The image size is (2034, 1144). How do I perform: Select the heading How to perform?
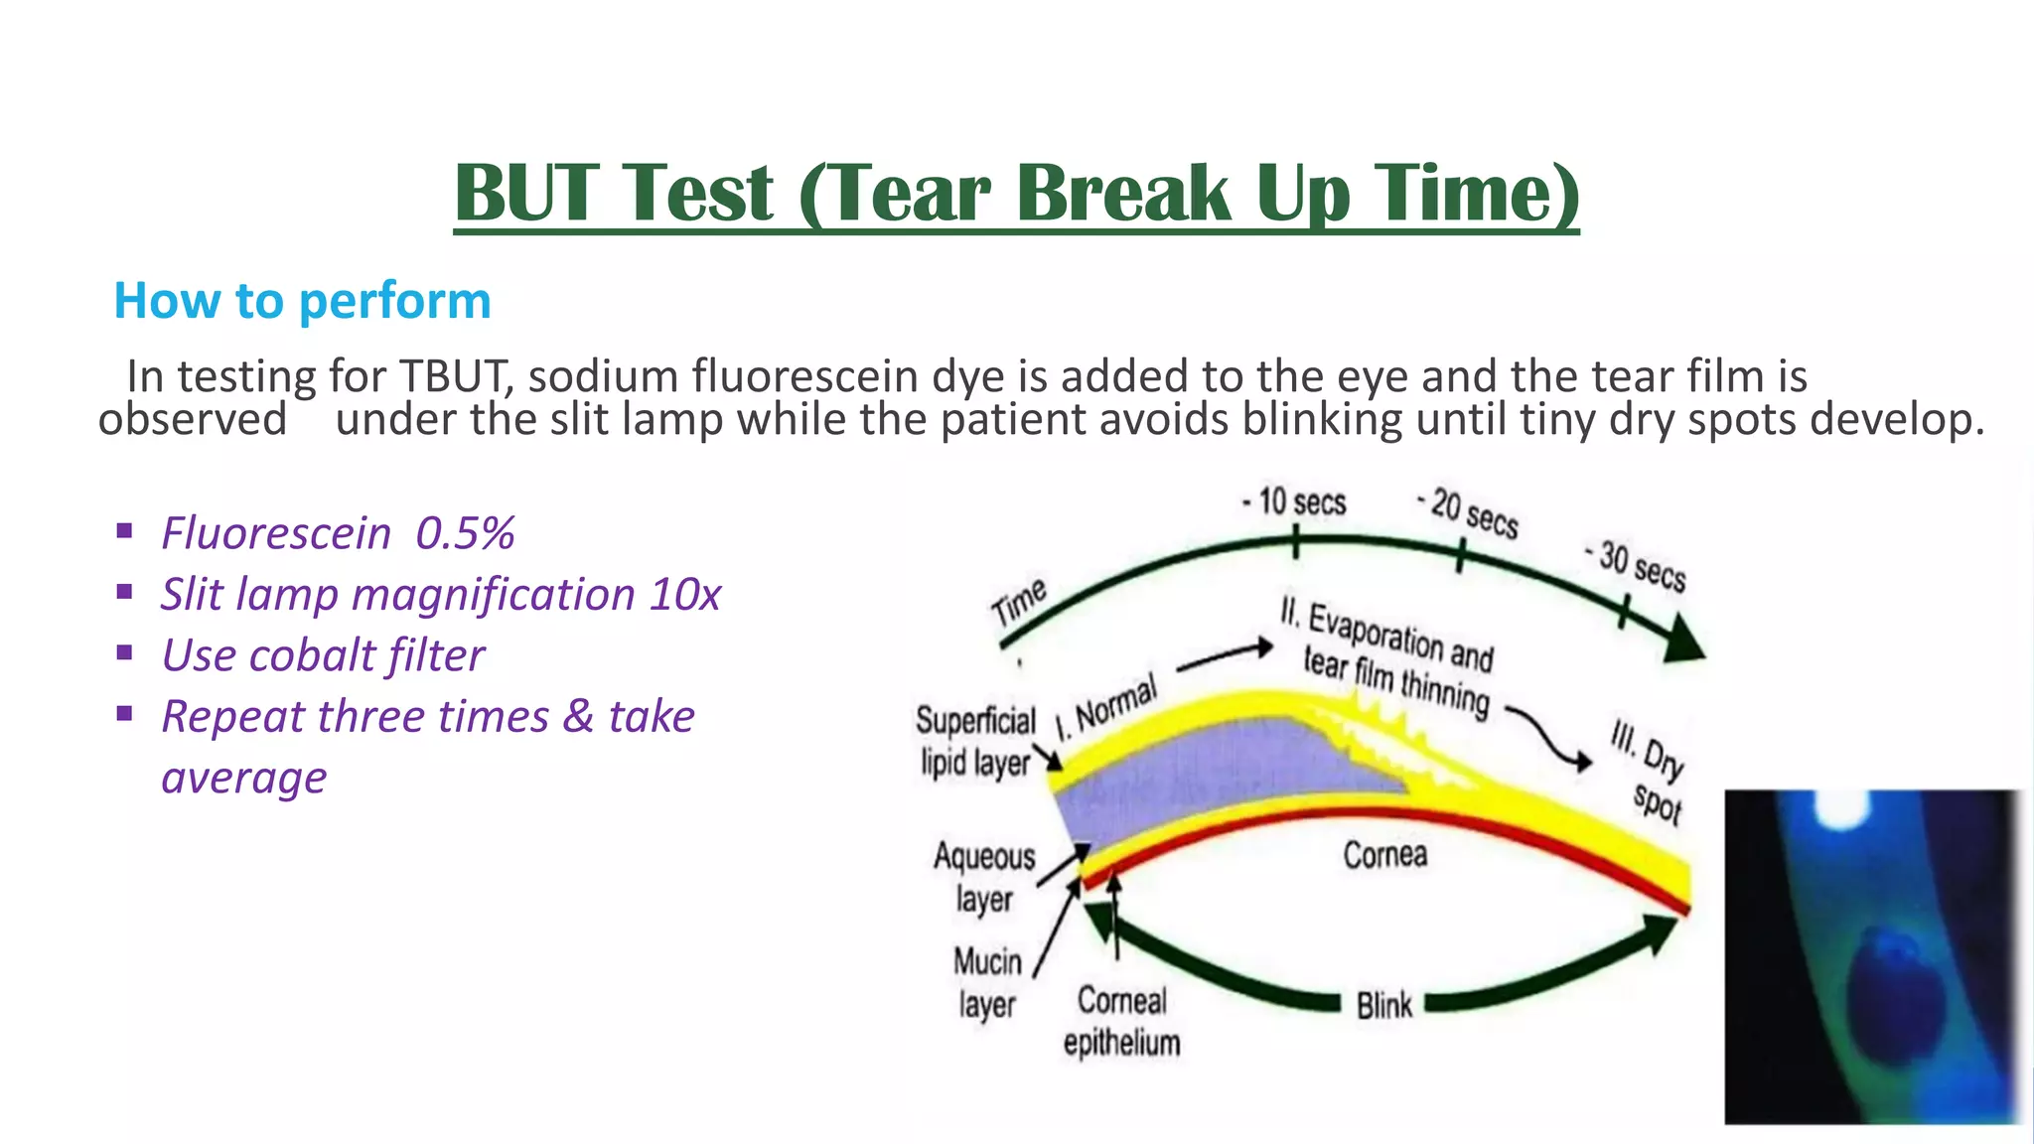302,300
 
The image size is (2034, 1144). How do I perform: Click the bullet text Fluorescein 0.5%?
338,533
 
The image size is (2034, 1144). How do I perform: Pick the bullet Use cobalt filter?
323,655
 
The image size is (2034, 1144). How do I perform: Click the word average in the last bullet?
244,778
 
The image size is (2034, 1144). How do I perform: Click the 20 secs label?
1471,513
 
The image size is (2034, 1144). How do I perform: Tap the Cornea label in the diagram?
1384,855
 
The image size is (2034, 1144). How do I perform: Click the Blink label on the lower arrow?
1383,1005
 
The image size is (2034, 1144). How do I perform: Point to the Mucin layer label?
987,982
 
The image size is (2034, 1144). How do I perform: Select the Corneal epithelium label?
1121,1021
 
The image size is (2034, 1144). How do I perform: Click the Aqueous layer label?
983,877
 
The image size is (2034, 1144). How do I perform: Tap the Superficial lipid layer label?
975,742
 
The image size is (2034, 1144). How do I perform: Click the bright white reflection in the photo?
1840,809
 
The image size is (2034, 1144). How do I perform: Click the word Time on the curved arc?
1020,601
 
